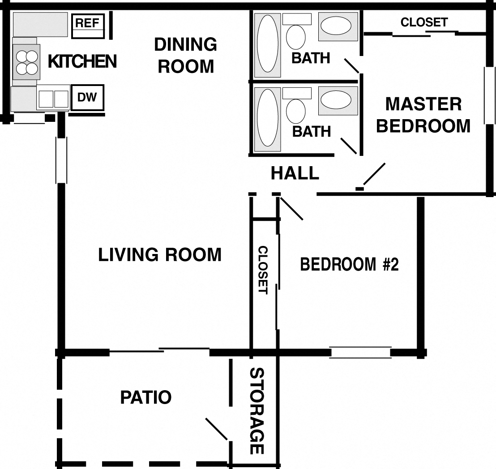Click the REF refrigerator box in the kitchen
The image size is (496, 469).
(87, 23)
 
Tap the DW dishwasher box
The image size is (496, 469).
(87, 97)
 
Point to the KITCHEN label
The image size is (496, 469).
(82, 61)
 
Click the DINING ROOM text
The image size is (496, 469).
(186, 55)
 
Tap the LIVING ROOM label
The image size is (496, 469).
(160, 254)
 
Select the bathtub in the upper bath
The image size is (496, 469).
(268, 43)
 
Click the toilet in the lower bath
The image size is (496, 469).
(295, 111)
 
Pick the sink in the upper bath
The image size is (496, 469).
(338, 26)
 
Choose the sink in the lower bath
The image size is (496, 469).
(338, 100)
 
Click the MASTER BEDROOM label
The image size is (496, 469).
(423, 115)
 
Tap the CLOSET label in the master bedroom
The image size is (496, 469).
(423, 22)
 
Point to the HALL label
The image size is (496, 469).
(295, 173)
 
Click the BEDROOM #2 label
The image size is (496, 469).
(349, 264)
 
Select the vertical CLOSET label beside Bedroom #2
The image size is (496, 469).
(263, 270)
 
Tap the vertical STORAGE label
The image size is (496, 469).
(256, 411)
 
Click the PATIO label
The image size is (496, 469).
(146, 397)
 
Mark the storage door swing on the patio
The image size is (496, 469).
(217, 429)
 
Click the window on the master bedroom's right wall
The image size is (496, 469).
(490, 95)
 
